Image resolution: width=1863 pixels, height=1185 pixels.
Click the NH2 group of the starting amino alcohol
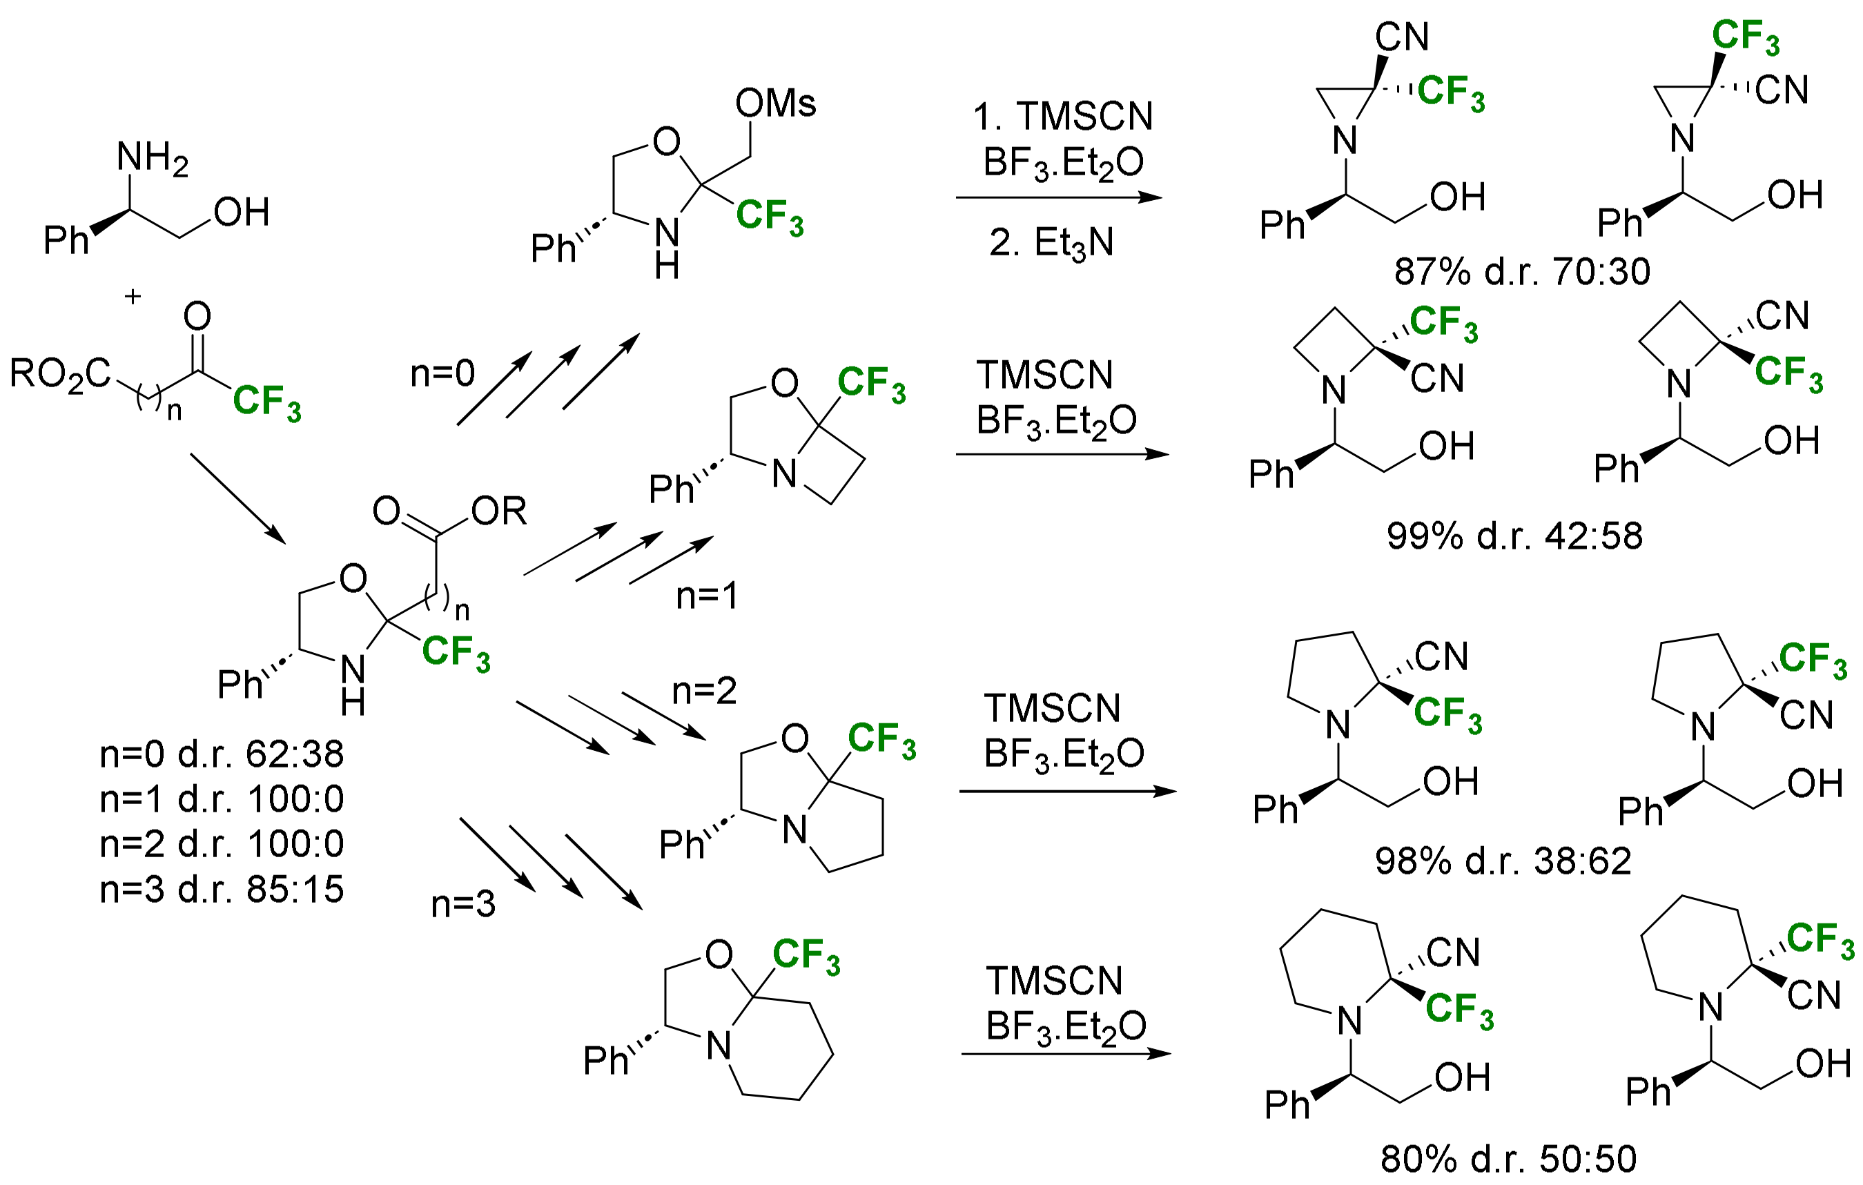point(152,158)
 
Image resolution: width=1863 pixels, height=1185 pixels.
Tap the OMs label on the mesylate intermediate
point(774,103)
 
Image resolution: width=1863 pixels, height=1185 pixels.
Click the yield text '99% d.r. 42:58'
point(1514,536)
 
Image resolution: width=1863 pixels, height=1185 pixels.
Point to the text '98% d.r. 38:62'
point(1503,861)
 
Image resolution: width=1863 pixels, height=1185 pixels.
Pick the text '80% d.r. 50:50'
point(1508,1159)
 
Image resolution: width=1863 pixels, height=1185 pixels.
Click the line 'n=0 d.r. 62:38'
point(222,754)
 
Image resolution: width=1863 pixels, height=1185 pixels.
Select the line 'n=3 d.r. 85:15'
point(222,890)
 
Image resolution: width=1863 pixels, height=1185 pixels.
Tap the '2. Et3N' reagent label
point(1051,243)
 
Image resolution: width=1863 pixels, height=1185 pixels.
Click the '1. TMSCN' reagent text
point(1062,117)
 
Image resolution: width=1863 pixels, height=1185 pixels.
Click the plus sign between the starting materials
point(133,296)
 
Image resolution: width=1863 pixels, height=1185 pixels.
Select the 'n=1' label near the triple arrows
point(706,596)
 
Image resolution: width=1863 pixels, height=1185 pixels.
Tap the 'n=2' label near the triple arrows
point(704,691)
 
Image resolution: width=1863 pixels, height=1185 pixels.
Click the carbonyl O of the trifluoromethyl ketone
point(197,316)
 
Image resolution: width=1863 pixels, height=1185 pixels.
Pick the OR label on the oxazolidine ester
point(498,511)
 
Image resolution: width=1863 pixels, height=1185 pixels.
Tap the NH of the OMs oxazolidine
point(666,246)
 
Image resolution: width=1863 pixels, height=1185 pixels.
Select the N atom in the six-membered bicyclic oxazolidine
point(719,1046)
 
